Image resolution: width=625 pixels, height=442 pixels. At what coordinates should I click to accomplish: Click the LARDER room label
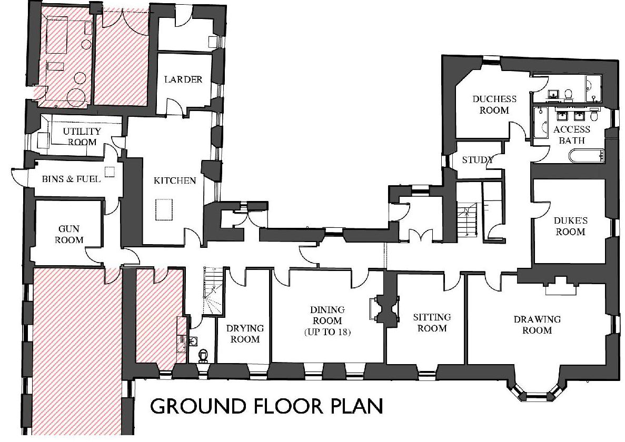pos(183,79)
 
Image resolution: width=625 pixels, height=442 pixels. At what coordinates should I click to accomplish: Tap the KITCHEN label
pos(175,180)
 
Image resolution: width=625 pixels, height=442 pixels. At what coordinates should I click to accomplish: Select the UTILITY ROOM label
pos(82,137)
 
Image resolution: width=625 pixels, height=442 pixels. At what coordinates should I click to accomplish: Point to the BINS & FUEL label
pos(71,179)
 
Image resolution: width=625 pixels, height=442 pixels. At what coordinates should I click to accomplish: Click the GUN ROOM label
pos(69,234)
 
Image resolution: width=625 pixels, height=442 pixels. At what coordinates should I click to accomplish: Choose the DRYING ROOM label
pos(245,334)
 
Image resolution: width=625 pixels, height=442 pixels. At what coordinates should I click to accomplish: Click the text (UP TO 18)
pos(328,331)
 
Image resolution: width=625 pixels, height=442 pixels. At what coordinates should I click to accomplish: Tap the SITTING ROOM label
pos(432,323)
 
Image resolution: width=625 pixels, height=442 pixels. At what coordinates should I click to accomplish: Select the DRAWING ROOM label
pos(537,325)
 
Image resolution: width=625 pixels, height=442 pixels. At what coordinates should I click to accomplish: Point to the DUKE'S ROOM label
pos(570,226)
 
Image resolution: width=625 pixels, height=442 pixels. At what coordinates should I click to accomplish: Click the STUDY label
pos(478,160)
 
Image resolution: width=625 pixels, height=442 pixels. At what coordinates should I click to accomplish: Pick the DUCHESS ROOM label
pos(494,104)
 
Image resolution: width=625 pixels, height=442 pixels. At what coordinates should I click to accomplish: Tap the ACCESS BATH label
pos(572,135)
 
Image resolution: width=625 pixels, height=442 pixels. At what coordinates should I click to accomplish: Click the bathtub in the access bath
pos(587,156)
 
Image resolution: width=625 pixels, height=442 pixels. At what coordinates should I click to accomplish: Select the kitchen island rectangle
pos(163,209)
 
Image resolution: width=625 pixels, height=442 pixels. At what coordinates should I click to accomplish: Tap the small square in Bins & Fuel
pos(109,172)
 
